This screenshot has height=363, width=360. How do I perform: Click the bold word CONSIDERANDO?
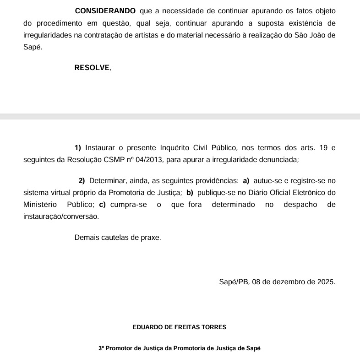pyautogui.click(x=105, y=11)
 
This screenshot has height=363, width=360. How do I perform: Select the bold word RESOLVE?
pyautogui.click(x=92, y=68)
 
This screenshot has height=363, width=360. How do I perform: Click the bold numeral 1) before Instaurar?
pyautogui.click(x=77, y=148)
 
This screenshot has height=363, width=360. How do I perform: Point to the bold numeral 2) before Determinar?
pyautogui.click(x=82, y=181)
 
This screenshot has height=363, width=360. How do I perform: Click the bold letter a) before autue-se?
pyautogui.click(x=246, y=181)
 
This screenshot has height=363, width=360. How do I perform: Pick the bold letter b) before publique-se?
pyautogui.click(x=190, y=193)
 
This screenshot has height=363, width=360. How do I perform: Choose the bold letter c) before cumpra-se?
pyautogui.click(x=102, y=205)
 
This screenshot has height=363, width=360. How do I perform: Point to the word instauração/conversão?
pyautogui.click(x=61, y=217)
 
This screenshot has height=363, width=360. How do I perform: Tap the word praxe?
pyautogui.click(x=152, y=238)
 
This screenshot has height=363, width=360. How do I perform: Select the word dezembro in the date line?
pyautogui.click(x=287, y=282)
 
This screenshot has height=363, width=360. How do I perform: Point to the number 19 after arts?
pyautogui.click(x=323, y=148)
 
